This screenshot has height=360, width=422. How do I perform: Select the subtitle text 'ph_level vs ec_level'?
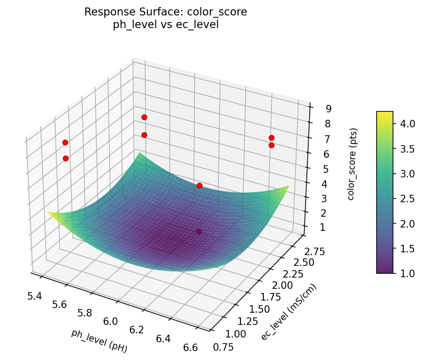click(x=166, y=25)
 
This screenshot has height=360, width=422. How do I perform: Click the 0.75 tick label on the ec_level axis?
click(x=224, y=346)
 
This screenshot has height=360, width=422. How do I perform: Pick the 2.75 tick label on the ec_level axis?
click(x=313, y=252)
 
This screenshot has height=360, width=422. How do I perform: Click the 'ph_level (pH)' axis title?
click(x=99, y=340)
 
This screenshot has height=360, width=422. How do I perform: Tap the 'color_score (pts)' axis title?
click(x=351, y=163)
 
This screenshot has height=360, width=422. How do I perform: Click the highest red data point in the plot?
click(x=144, y=117)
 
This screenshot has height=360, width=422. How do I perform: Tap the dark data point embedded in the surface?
click(x=199, y=231)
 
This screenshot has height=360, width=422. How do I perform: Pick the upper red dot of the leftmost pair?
click(x=65, y=142)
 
